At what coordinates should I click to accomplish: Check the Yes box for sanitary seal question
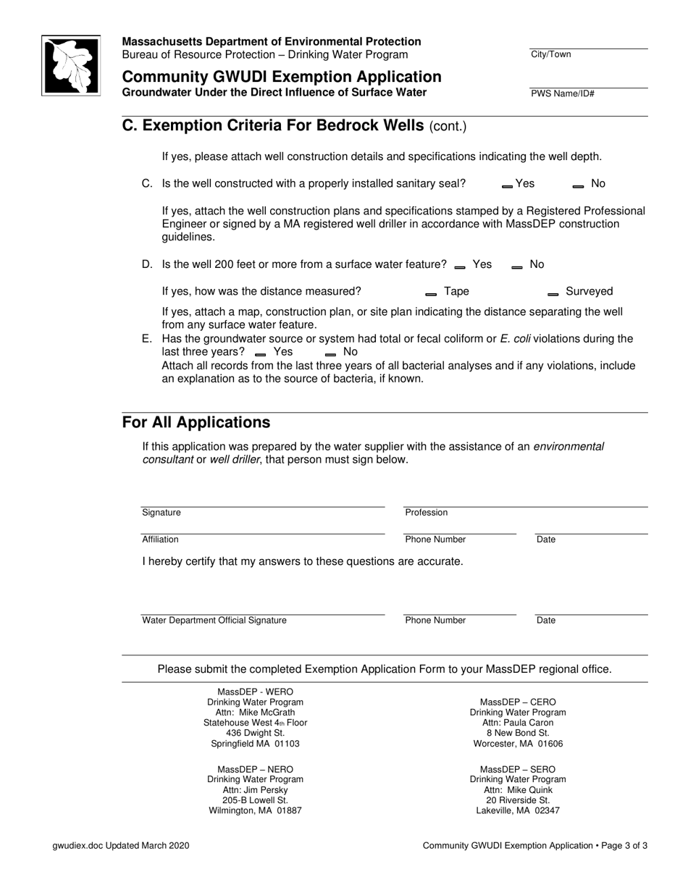click(x=507, y=186)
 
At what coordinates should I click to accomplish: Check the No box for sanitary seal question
click(x=578, y=186)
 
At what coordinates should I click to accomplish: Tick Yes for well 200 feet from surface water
click(x=460, y=267)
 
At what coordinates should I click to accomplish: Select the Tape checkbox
click(x=431, y=294)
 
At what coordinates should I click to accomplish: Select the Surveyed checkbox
click(x=553, y=294)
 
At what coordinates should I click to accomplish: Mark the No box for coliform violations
click(x=331, y=354)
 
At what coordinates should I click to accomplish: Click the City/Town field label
click(x=550, y=54)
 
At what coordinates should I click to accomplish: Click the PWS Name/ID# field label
click(x=563, y=94)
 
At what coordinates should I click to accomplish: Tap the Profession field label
click(x=426, y=513)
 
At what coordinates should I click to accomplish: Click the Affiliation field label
click(x=160, y=540)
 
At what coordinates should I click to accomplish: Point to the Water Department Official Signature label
click(x=214, y=621)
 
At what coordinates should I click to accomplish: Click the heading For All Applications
click(x=196, y=422)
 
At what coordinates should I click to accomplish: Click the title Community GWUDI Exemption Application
click(x=281, y=77)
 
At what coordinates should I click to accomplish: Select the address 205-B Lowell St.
click(x=255, y=800)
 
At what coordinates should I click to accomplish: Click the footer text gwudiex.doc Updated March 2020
click(x=122, y=846)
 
